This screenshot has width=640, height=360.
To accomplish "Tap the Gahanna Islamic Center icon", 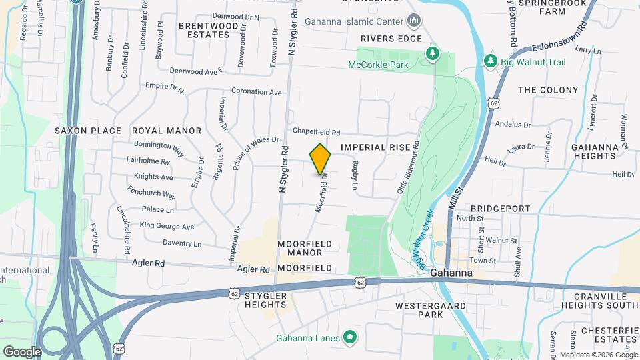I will coord(414,21).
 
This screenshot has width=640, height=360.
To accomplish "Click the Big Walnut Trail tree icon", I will coord(491,61).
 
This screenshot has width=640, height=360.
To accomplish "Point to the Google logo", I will coord(21,351).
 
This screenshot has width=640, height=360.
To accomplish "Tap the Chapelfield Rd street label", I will coord(316,132).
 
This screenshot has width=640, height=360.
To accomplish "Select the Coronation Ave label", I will coord(257,92).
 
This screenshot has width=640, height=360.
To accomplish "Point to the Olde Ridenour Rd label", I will coord(408,167).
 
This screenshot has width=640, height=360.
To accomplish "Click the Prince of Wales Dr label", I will coord(255,153).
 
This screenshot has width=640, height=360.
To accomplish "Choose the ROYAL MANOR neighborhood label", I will coord(167,131).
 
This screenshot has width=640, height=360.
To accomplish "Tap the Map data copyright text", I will coord(598,355).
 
